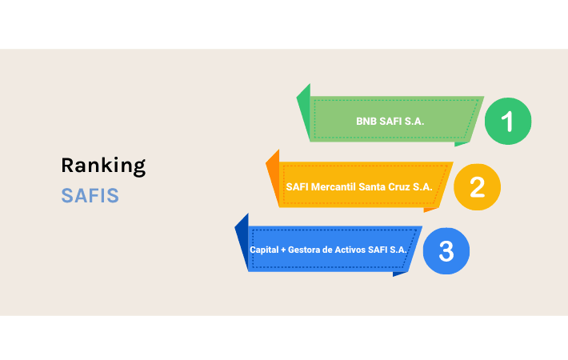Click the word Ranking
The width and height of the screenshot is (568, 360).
(103, 166)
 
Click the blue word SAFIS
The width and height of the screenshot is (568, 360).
(90, 196)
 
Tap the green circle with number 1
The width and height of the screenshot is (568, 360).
(507, 122)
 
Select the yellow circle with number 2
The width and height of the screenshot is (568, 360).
(477, 186)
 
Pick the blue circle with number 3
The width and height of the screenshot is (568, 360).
(446, 251)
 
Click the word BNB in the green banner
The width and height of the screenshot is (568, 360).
(366, 122)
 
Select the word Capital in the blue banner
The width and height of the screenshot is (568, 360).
(264, 250)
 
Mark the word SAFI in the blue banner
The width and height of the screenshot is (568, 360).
(383, 250)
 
